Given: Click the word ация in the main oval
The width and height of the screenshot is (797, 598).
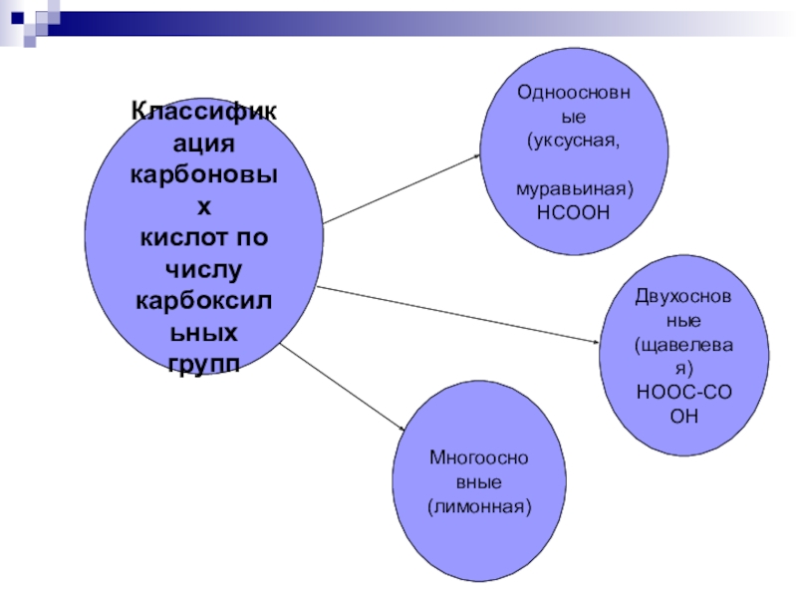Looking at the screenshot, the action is [x=204, y=143].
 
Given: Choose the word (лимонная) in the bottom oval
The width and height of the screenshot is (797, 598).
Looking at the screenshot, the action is [x=479, y=506].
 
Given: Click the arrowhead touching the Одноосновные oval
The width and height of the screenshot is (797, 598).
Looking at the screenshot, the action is [x=478, y=156].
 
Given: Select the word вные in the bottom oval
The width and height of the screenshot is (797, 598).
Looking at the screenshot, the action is [x=479, y=481].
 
